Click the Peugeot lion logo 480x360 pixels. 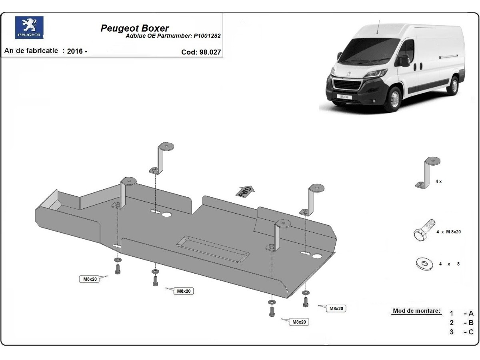[x=29, y=28]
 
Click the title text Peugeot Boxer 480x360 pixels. [x=134, y=28]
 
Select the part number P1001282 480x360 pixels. [x=207, y=36]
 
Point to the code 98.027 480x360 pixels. [x=210, y=52]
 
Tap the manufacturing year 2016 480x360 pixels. [x=75, y=51]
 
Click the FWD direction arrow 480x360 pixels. [x=245, y=191]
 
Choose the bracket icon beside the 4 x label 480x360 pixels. [x=428, y=173]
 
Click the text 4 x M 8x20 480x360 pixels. [x=448, y=232]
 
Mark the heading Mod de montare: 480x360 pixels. [x=416, y=311]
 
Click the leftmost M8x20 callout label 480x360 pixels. [x=90, y=279]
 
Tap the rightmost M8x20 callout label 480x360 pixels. [x=336, y=308]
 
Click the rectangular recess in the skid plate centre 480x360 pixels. [x=212, y=249]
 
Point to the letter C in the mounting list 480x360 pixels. [x=471, y=332]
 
